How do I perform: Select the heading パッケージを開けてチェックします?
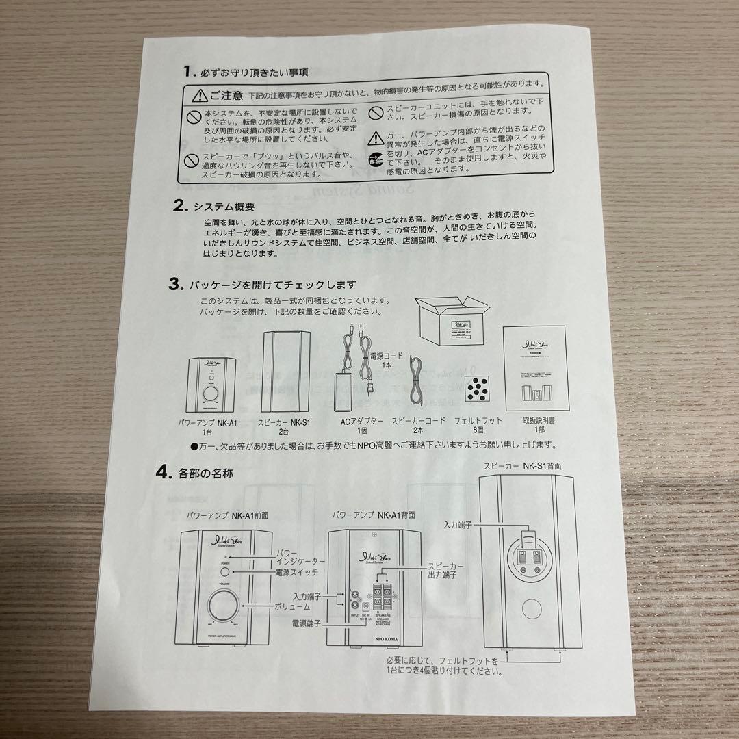coord(273,285)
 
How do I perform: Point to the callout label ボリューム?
coord(293,606)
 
